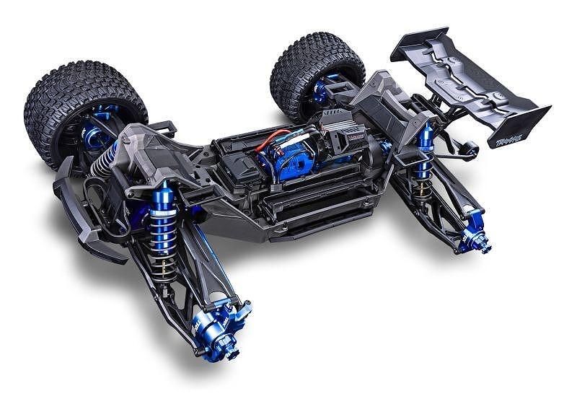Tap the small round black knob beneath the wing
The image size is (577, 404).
[472, 150]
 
